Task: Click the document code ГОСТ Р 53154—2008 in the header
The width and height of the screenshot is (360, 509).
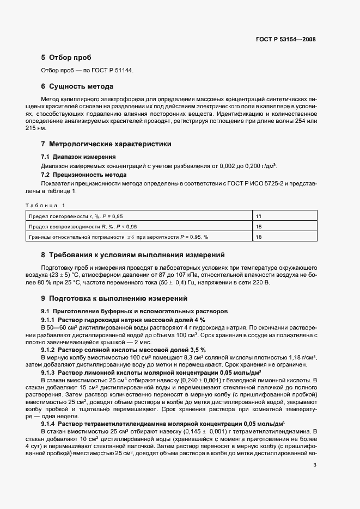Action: (285, 39)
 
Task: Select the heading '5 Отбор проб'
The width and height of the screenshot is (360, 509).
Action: (66, 58)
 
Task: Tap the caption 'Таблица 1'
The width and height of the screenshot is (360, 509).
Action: (45, 205)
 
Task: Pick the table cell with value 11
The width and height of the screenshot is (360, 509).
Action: (259, 216)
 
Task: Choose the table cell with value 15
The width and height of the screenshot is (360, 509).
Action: (259, 227)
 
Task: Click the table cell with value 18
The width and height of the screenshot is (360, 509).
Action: (259, 237)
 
